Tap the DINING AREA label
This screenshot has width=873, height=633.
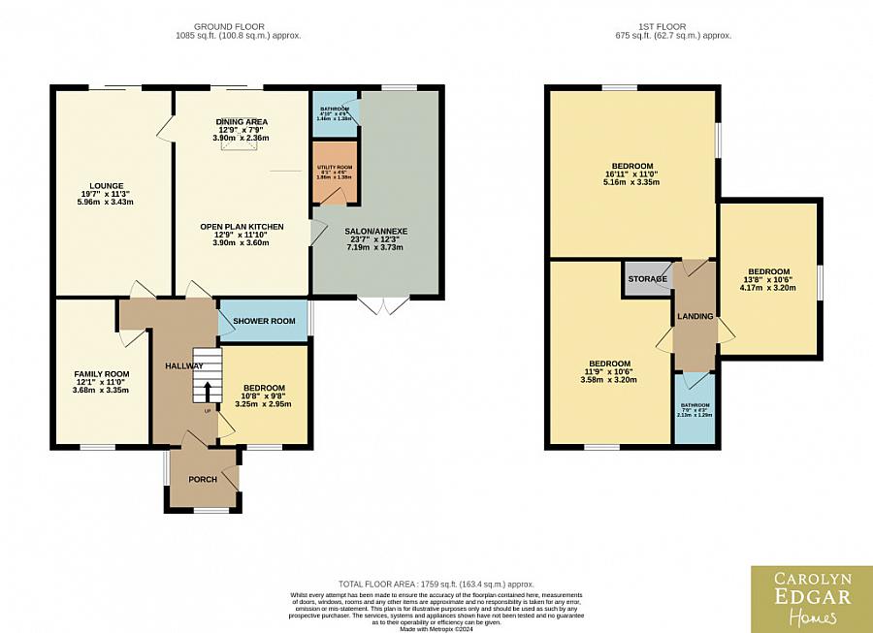[x=241, y=121]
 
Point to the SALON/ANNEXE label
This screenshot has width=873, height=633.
[x=376, y=231]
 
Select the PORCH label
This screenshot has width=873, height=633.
[x=203, y=479]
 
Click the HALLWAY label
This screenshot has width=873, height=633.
[x=183, y=365]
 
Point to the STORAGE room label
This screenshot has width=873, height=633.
[x=647, y=279]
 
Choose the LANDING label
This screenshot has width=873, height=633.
[x=695, y=316]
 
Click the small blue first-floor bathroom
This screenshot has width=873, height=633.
[x=695, y=409]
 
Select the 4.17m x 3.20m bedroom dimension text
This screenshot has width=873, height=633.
[x=768, y=287]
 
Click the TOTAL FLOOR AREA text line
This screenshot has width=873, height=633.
[x=437, y=586]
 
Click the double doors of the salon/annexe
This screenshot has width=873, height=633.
[x=384, y=305]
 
